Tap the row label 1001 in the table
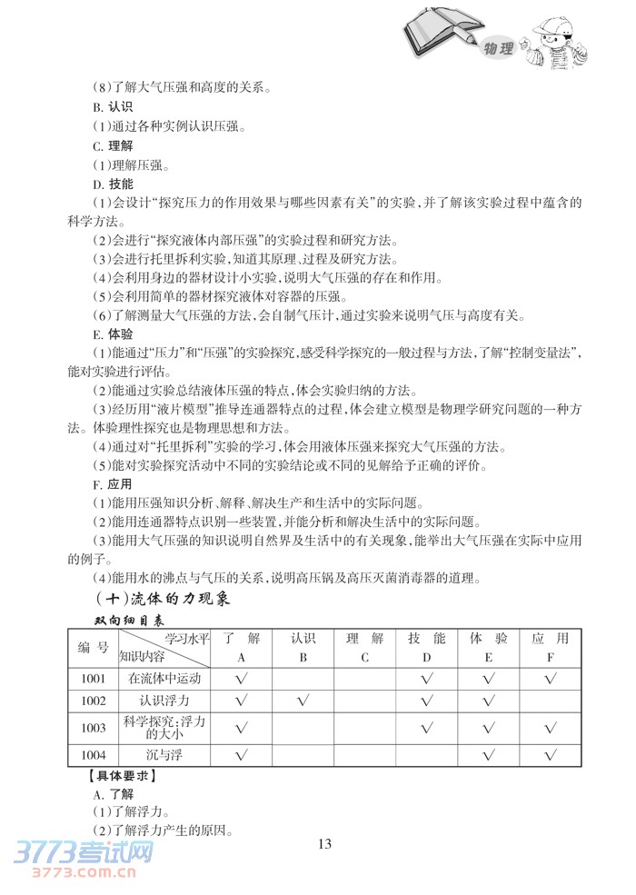[93, 678]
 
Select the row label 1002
[93, 701]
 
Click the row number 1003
[93, 728]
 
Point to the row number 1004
[93, 755]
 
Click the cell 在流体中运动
[164, 678]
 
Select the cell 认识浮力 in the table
[164, 701]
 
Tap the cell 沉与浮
[164, 755]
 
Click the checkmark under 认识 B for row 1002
[303, 701]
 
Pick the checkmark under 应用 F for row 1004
[550, 755]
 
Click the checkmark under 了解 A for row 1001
[242, 678]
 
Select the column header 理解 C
[364, 647]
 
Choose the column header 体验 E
[488, 647]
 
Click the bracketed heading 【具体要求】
[116, 775]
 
